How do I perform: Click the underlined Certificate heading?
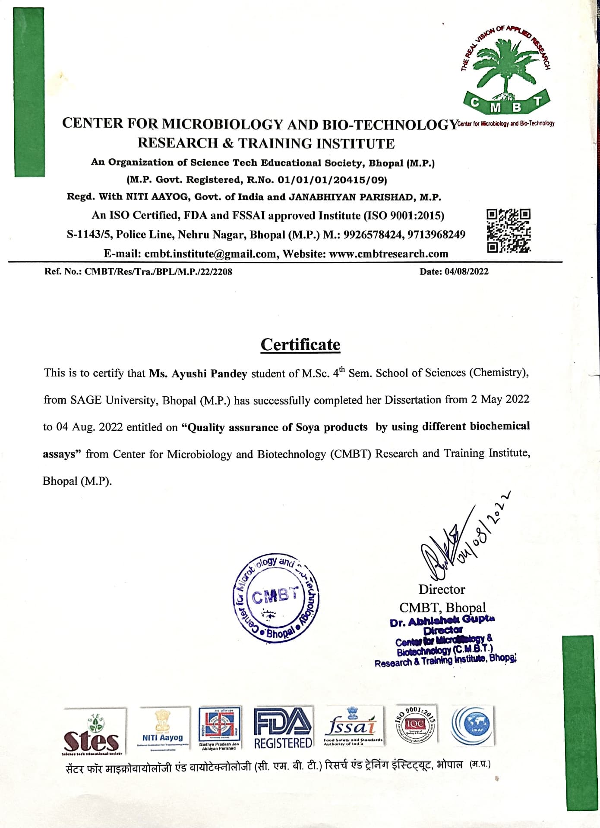pos(300,345)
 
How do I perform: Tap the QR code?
pos(508,231)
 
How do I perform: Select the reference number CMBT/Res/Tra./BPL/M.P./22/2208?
pos(158,272)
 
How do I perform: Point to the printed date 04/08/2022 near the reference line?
pos(466,271)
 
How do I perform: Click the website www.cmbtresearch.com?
pos(388,254)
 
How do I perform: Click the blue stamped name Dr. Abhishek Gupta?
pos(442,621)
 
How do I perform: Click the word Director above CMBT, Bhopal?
pos(442,589)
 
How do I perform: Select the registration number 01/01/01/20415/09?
pos(332,179)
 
